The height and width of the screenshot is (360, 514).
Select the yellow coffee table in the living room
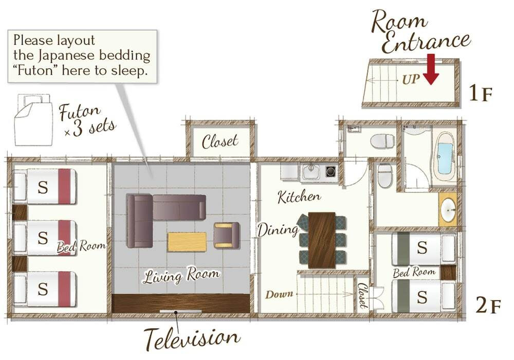(187, 242)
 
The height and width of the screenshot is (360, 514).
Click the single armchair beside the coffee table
(227, 235)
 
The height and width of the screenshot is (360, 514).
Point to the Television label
(192, 338)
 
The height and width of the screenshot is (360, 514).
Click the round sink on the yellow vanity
(448, 209)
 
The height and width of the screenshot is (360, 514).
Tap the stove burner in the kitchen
(330, 171)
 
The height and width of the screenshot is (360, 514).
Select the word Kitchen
(299, 197)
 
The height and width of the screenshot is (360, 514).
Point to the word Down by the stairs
(279, 294)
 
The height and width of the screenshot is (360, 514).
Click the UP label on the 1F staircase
(411, 79)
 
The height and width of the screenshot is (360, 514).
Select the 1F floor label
(481, 93)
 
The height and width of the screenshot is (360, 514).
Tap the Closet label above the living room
(220, 141)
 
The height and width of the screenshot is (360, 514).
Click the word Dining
(278, 229)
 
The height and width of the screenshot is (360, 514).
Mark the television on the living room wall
(180, 311)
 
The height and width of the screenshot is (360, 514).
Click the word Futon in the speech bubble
(35, 70)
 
